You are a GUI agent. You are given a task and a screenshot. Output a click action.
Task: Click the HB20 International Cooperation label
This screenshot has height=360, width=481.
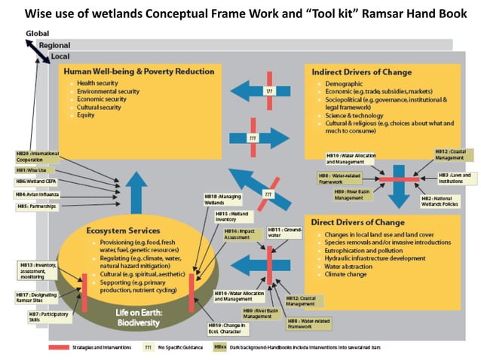pos(37,156)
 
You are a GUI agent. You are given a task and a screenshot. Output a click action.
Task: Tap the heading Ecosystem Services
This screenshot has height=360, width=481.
pos(123,230)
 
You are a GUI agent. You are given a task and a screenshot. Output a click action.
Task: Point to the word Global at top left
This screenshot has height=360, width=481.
pos(37,34)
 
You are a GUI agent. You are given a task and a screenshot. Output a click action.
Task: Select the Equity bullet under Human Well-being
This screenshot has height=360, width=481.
pos(86,115)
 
